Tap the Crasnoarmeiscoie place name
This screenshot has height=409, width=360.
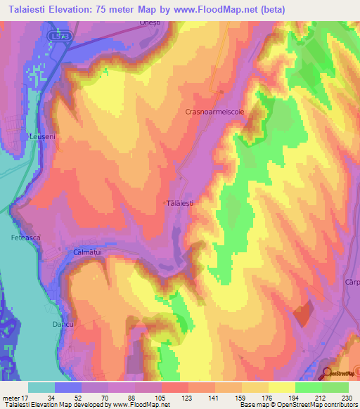coord(214,112)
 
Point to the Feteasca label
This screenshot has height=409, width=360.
coord(26,238)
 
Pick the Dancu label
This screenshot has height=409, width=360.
coord(63,325)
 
